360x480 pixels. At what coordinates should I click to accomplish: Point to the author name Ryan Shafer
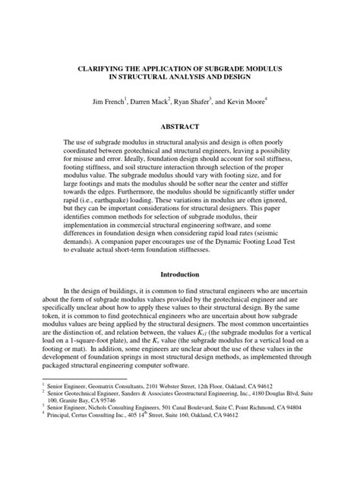[x=205, y=101]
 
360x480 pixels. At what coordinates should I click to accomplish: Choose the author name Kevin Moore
[x=269, y=101]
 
